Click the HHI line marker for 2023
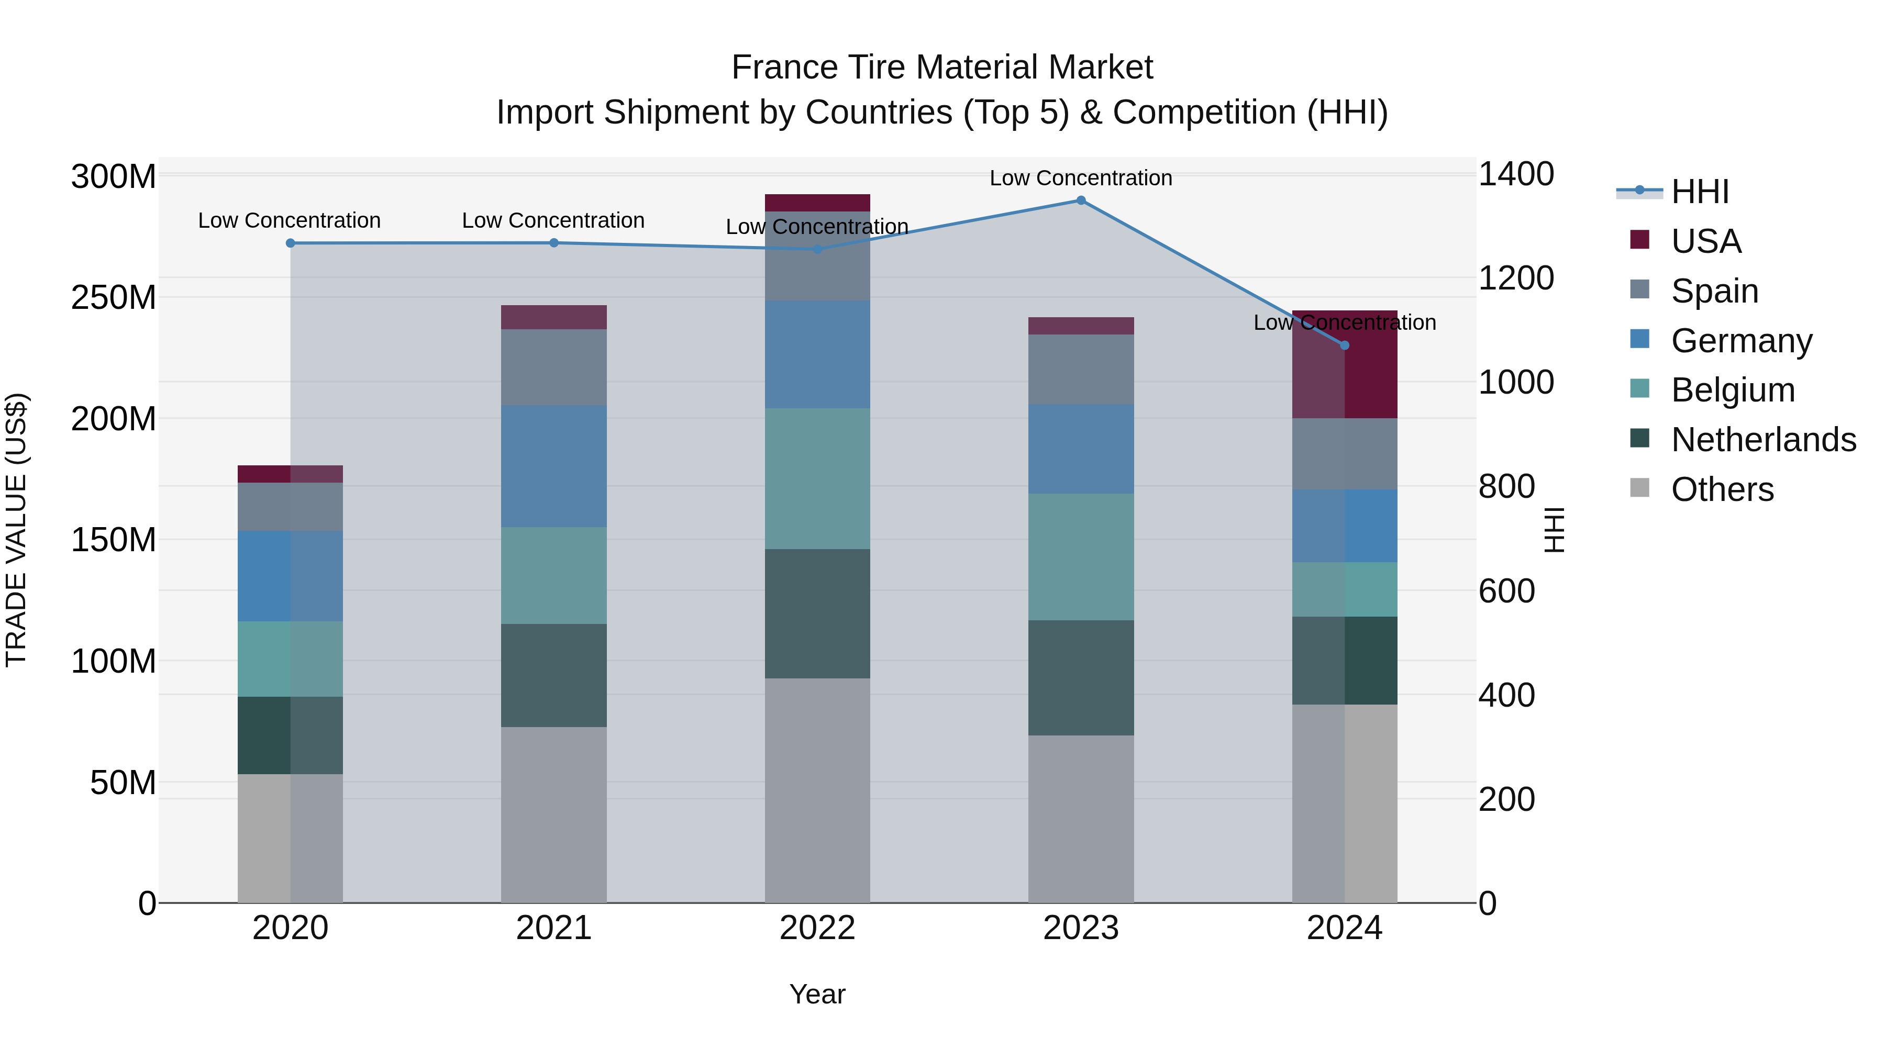[1081, 200]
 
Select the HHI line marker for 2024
[1344, 345]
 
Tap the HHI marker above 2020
[291, 243]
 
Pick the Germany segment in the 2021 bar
[554, 466]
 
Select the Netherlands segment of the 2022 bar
[817, 614]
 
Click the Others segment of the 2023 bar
[1081, 819]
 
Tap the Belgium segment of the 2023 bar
[1081, 557]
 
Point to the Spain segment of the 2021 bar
[554, 367]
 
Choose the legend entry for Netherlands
[1763, 440]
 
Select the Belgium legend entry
[1732, 390]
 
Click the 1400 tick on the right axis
[1515, 175]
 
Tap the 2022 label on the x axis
[817, 928]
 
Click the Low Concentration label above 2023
[1081, 178]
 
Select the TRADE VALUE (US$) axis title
[16, 530]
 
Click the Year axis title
[817, 994]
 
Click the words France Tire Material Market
[942, 68]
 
